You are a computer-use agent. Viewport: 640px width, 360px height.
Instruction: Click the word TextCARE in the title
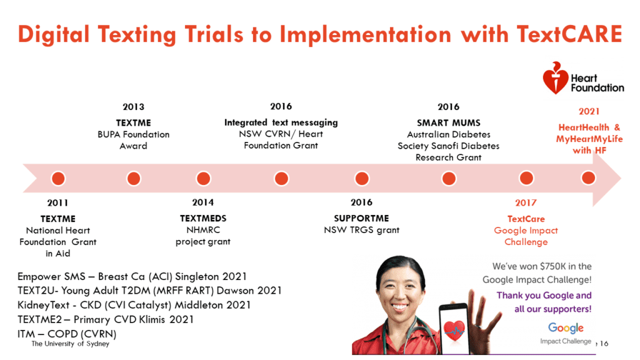coord(569,34)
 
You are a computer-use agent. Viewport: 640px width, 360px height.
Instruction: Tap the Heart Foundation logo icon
coord(555,78)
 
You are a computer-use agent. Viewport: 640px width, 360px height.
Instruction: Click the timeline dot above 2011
coord(58,178)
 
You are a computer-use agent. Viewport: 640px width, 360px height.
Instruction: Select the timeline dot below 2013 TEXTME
coord(134,178)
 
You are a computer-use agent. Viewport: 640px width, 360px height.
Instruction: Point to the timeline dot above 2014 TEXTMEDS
coord(203,178)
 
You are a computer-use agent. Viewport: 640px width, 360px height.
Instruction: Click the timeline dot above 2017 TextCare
coord(526,178)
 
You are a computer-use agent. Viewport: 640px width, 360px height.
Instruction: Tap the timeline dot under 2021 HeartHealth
coord(588,177)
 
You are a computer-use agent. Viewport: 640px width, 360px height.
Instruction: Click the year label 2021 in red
coord(589,111)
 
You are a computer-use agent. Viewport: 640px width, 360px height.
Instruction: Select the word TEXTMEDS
coord(203,218)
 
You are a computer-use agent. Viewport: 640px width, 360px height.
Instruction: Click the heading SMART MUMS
coord(449,123)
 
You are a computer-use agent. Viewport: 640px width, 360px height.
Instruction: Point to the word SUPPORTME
coord(361,218)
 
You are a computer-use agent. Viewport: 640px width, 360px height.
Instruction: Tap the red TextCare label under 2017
coord(526,219)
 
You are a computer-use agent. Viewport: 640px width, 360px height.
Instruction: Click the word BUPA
coord(109,135)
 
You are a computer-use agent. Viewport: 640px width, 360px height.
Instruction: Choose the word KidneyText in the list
coord(43,305)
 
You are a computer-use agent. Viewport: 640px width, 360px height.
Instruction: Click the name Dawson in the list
coord(235,291)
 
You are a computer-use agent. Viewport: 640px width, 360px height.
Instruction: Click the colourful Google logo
coord(566,327)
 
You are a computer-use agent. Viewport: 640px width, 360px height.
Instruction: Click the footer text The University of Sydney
coord(70,344)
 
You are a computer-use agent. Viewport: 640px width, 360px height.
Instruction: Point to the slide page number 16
coord(604,344)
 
